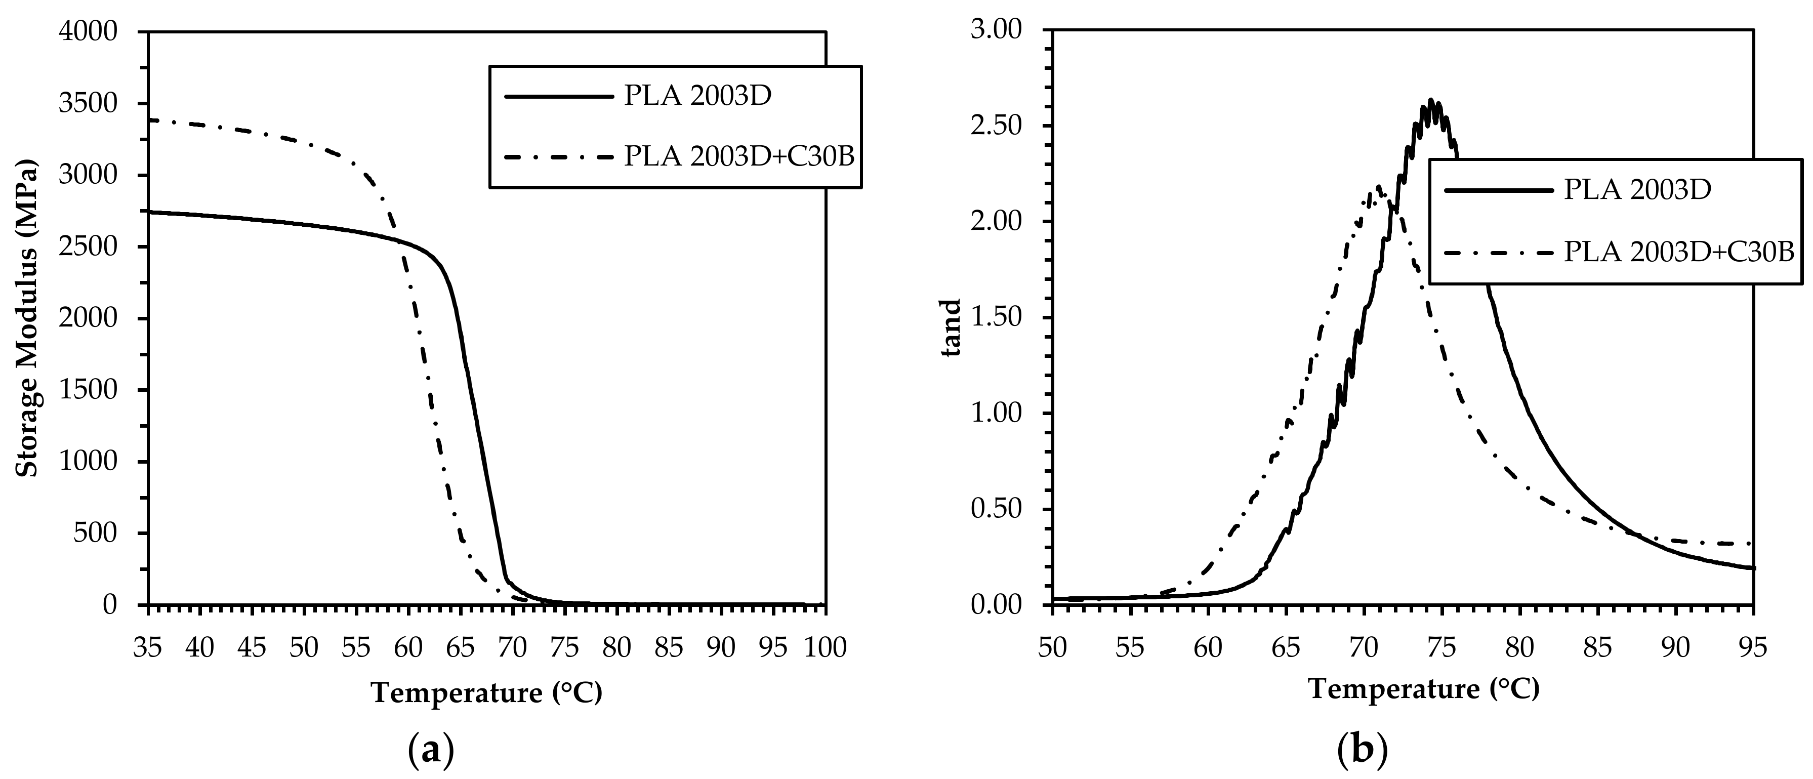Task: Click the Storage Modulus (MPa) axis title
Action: [27, 320]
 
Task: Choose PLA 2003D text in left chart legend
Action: [697, 96]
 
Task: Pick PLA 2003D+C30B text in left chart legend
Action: [739, 156]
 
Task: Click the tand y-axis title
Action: [952, 328]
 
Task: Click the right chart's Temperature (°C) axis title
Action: [1424, 688]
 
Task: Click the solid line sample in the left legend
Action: [559, 96]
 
